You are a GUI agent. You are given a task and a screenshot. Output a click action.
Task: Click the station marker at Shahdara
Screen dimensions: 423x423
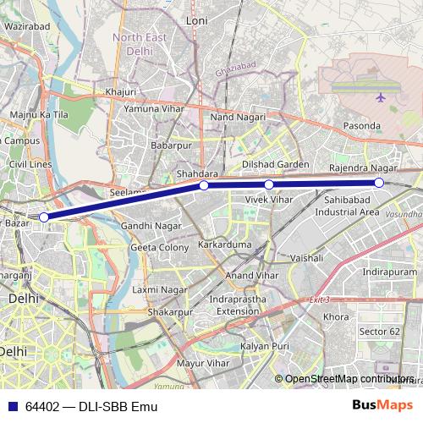click(x=204, y=185)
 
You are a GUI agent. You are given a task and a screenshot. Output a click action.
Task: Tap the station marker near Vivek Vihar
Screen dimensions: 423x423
click(x=269, y=184)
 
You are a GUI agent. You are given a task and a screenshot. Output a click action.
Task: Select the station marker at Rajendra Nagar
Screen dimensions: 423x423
click(x=379, y=183)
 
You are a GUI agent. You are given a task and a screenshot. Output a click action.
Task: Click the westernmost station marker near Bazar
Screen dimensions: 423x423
click(x=44, y=217)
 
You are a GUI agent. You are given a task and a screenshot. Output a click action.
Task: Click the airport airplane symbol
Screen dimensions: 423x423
click(x=380, y=97)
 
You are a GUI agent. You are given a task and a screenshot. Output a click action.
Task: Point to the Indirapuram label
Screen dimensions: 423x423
click(x=366, y=272)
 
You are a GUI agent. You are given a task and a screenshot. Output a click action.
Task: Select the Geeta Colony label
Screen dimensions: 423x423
click(x=160, y=248)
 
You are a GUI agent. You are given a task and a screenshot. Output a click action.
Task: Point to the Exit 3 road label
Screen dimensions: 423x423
click(x=318, y=299)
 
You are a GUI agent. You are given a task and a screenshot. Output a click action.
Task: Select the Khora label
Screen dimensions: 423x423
click(x=336, y=316)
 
